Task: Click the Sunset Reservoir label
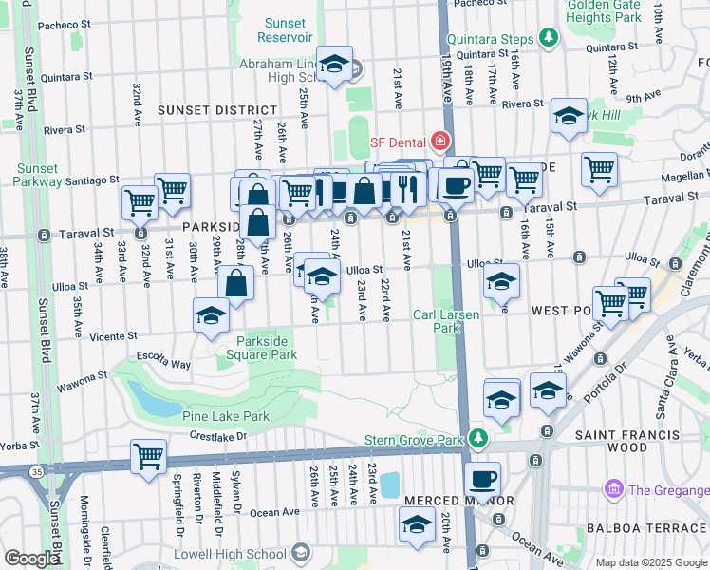[x=286, y=29]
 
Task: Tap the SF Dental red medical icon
[x=439, y=142]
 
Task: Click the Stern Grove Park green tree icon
[x=479, y=438]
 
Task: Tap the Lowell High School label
[x=230, y=554]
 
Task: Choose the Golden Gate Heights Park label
[x=617, y=10]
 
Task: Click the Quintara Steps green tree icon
[x=548, y=38]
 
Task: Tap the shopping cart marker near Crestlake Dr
[x=149, y=457]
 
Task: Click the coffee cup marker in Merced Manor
[x=483, y=478]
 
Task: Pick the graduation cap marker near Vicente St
[x=211, y=315]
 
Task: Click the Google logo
[x=31, y=559]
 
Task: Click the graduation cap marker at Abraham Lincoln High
[x=334, y=64]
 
